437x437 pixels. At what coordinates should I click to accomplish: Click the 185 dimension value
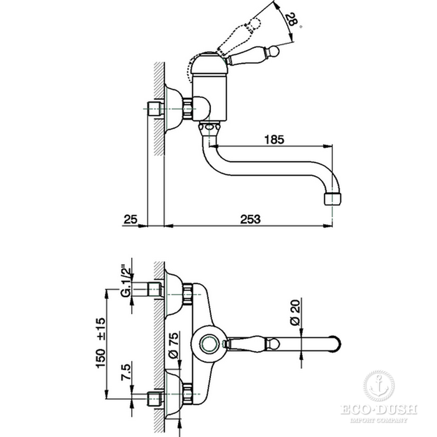click(274, 139)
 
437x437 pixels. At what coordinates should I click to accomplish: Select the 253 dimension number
click(250, 219)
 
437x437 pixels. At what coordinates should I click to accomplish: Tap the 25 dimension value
click(130, 219)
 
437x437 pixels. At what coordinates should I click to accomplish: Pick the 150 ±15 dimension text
click(101, 343)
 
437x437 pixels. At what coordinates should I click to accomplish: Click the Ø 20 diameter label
click(295, 312)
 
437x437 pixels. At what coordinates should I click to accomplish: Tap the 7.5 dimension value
click(126, 372)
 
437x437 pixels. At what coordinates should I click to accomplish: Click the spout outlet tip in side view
click(333, 199)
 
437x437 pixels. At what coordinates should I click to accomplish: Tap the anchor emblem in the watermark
click(379, 386)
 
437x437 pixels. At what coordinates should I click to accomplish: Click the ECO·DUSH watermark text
click(379, 410)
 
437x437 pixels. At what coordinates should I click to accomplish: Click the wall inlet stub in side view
click(154, 109)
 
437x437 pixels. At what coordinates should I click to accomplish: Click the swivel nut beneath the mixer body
click(209, 129)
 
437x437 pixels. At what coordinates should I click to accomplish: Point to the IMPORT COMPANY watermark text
click(379, 420)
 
